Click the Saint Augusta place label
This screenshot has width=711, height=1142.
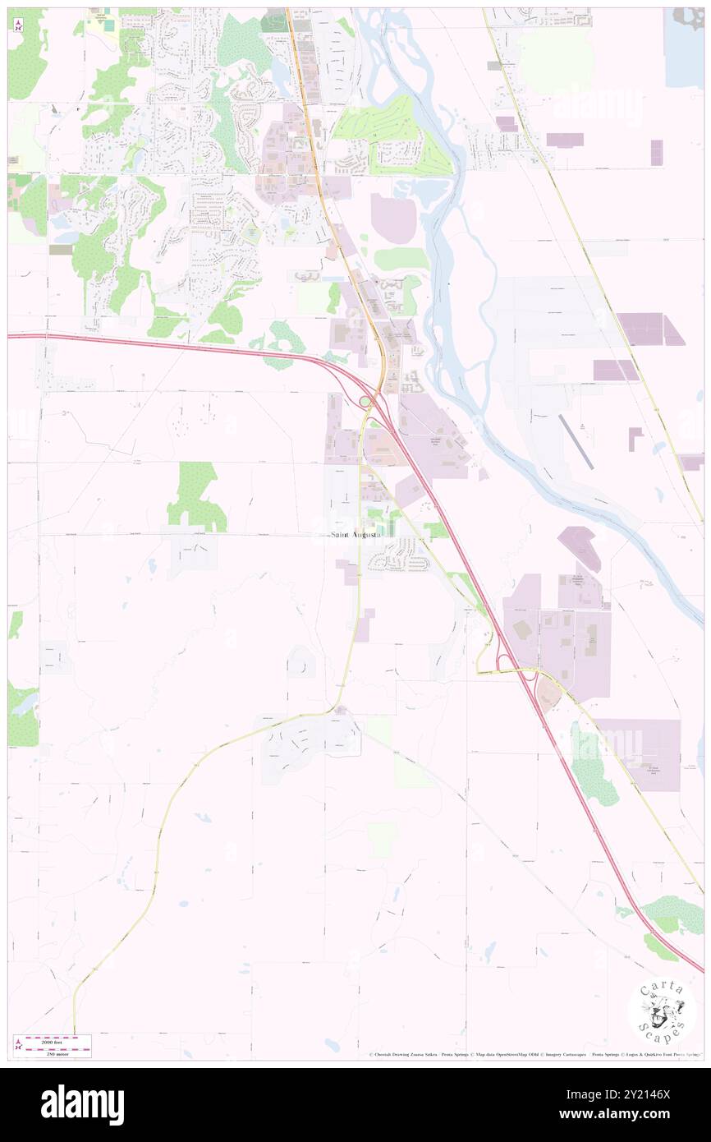coord(355,535)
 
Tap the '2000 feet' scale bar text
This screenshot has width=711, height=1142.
coord(62,1039)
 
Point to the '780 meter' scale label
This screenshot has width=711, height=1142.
coord(62,1052)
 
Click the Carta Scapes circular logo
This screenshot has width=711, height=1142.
coord(661,1011)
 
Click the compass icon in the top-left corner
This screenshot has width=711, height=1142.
coord(17,24)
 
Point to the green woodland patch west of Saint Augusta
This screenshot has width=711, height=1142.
coord(197,495)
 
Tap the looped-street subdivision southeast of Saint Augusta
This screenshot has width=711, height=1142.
coord(399,561)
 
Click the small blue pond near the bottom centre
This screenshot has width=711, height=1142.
coord(331,1045)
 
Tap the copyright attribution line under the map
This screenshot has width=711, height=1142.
coord(534,1054)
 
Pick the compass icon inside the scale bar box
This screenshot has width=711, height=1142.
coord(19,1046)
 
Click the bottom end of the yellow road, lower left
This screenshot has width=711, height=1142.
coord(74,1031)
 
